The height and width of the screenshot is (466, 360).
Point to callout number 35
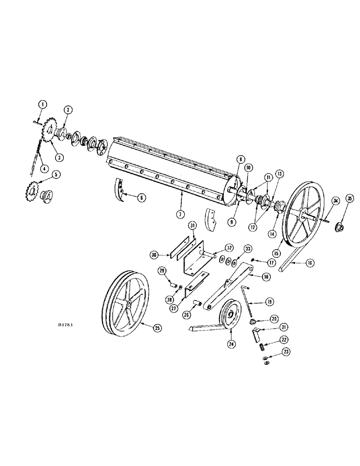351,199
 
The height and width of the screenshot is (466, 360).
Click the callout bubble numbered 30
154,254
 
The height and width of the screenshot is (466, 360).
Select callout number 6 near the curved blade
142,198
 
